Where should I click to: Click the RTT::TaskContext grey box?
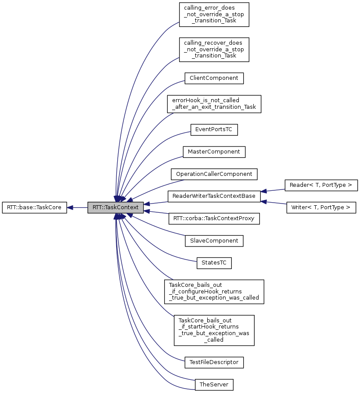tap(115, 207)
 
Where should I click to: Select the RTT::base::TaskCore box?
tap(34, 207)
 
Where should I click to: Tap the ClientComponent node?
tap(214, 79)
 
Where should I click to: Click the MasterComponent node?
tap(214, 152)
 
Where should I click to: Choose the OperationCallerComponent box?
tap(214, 174)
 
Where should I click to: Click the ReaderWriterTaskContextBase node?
tap(214, 196)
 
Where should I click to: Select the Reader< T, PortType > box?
tap(321, 185)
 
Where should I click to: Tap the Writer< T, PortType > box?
tap(321, 207)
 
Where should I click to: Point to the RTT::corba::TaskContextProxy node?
tap(214, 218)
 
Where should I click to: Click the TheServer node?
tap(214, 385)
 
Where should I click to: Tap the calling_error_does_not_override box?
tap(214, 15)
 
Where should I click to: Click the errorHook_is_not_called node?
tap(214, 104)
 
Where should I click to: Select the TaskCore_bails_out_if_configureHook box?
tap(214, 292)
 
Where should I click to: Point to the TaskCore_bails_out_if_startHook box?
tap(214, 329)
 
